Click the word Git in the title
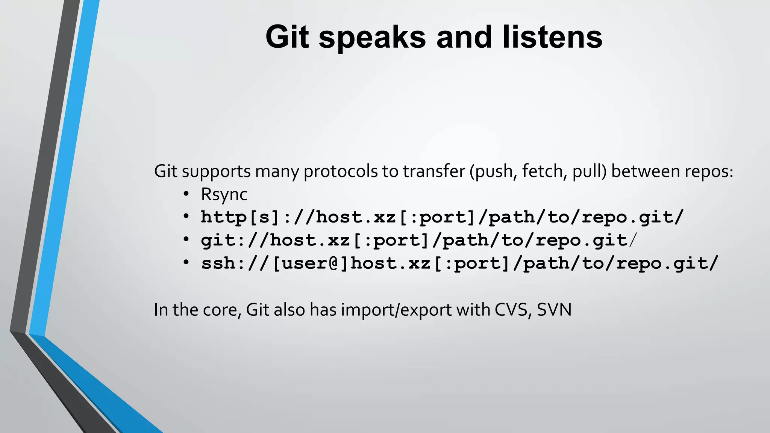point(287,37)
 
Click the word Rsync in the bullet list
point(224,195)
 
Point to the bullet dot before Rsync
point(186,194)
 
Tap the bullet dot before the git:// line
point(186,239)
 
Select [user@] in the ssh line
point(311,263)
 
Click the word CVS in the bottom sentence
point(513,310)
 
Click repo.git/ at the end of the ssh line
point(667,263)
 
